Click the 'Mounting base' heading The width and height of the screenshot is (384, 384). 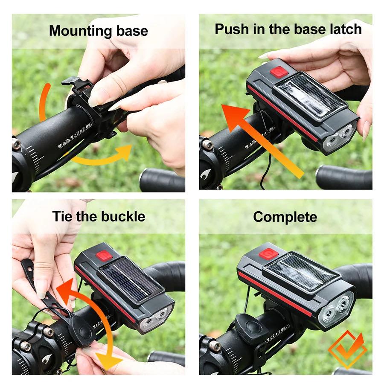point(98,31)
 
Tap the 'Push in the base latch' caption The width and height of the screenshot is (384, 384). point(288,29)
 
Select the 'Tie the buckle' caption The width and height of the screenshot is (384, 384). point(99,216)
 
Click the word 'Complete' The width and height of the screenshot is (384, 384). point(285,217)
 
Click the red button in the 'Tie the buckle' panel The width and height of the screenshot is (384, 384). point(104,256)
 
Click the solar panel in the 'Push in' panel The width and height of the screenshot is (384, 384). point(310,96)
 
